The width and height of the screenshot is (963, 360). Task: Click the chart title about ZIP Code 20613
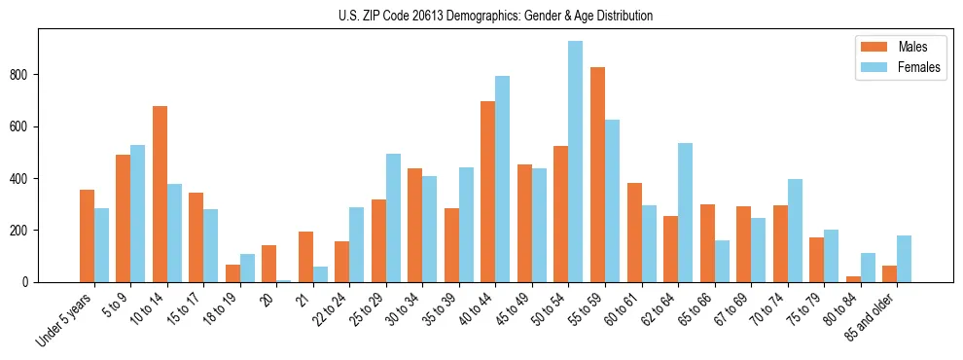[481, 16]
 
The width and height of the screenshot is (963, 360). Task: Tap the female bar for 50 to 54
[576, 162]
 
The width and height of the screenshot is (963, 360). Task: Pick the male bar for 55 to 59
[597, 174]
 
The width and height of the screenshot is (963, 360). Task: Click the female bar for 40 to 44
[503, 179]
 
